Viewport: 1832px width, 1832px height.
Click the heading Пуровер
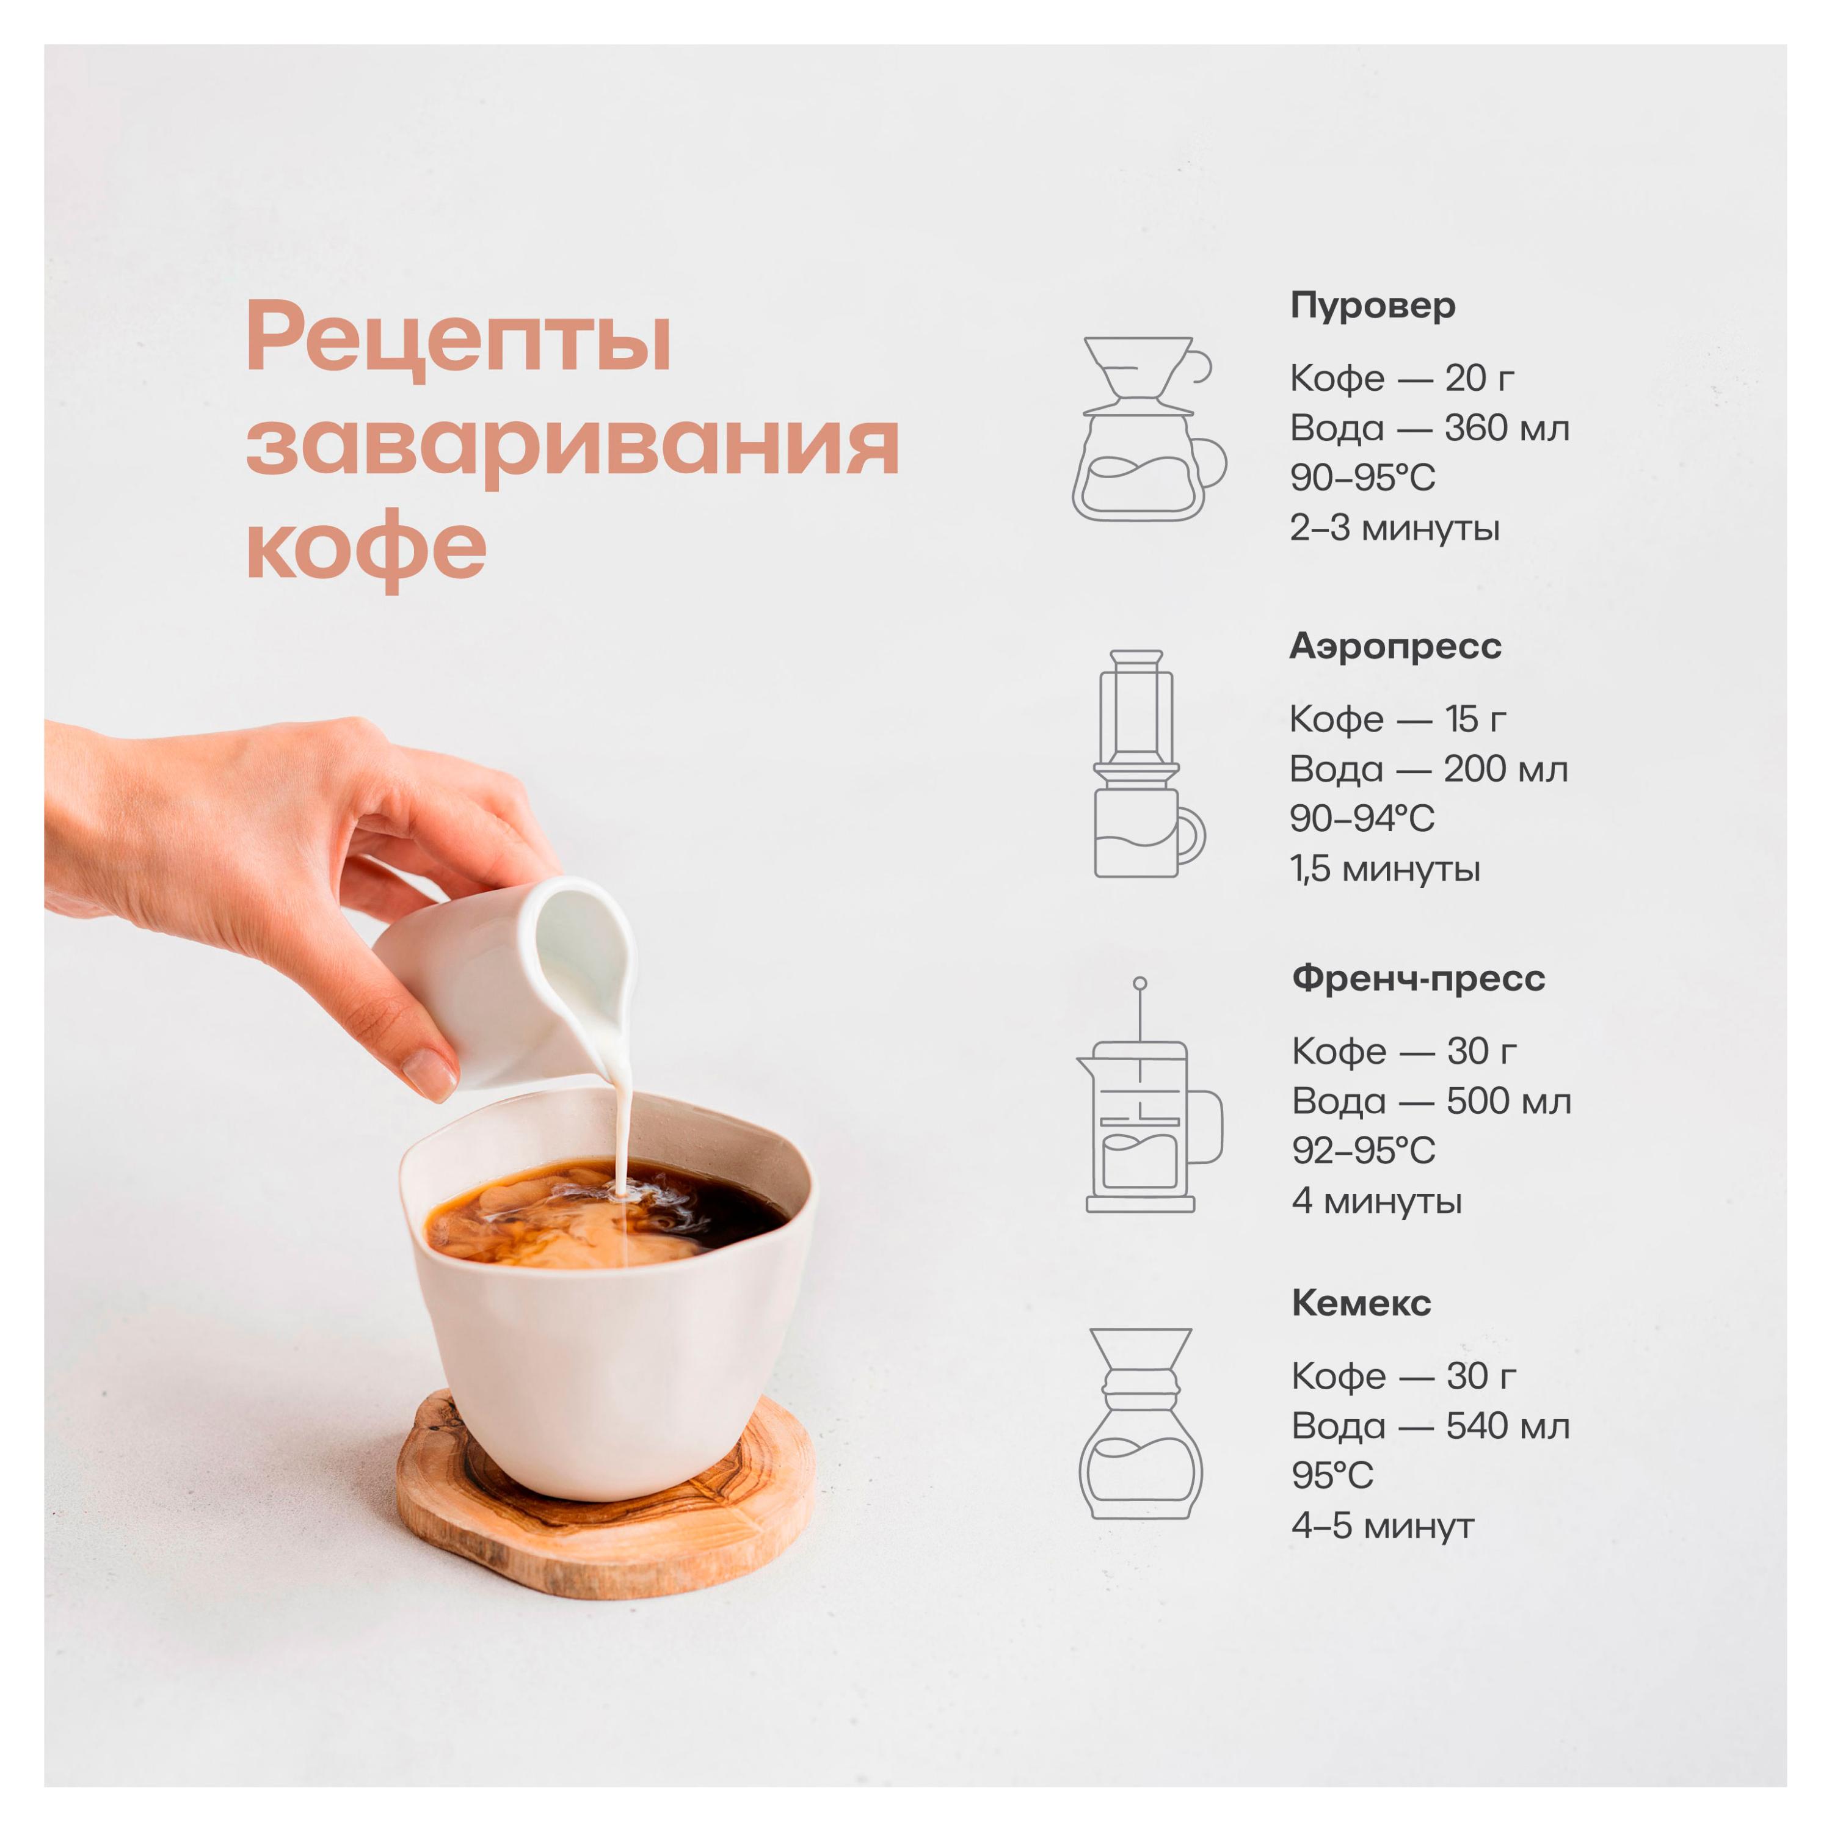point(1372,305)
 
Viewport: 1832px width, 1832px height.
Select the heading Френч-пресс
point(1417,978)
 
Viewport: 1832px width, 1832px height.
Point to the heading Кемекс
point(1361,1303)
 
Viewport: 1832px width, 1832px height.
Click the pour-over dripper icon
point(1147,429)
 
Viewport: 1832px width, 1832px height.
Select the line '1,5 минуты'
point(1384,868)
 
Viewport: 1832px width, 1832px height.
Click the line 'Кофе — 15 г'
point(1398,720)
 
